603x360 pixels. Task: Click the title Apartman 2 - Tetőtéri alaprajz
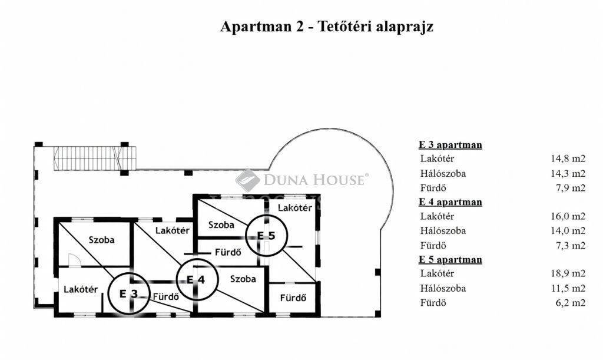tap(326, 27)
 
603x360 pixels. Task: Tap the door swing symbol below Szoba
tap(75, 260)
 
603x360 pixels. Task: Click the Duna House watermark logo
tap(302, 180)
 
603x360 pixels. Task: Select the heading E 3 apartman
tap(450, 144)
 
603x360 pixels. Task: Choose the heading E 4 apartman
tap(450, 202)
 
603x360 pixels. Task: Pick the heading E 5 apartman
tap(450, 259)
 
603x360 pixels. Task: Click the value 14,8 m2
tap(568, 158)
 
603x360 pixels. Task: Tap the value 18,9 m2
tap(568, 273)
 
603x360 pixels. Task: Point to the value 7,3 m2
tap(571, 245)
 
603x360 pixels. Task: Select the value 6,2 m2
tap(571, 303)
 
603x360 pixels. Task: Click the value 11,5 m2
tap(568, 288)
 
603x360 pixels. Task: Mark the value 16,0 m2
tap(568, 216)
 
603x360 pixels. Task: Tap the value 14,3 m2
tap(568, 173)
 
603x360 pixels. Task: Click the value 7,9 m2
tap(571, 188)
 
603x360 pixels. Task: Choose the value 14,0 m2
tap(568, 231)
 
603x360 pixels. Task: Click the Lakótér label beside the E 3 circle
tap(81, 289)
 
